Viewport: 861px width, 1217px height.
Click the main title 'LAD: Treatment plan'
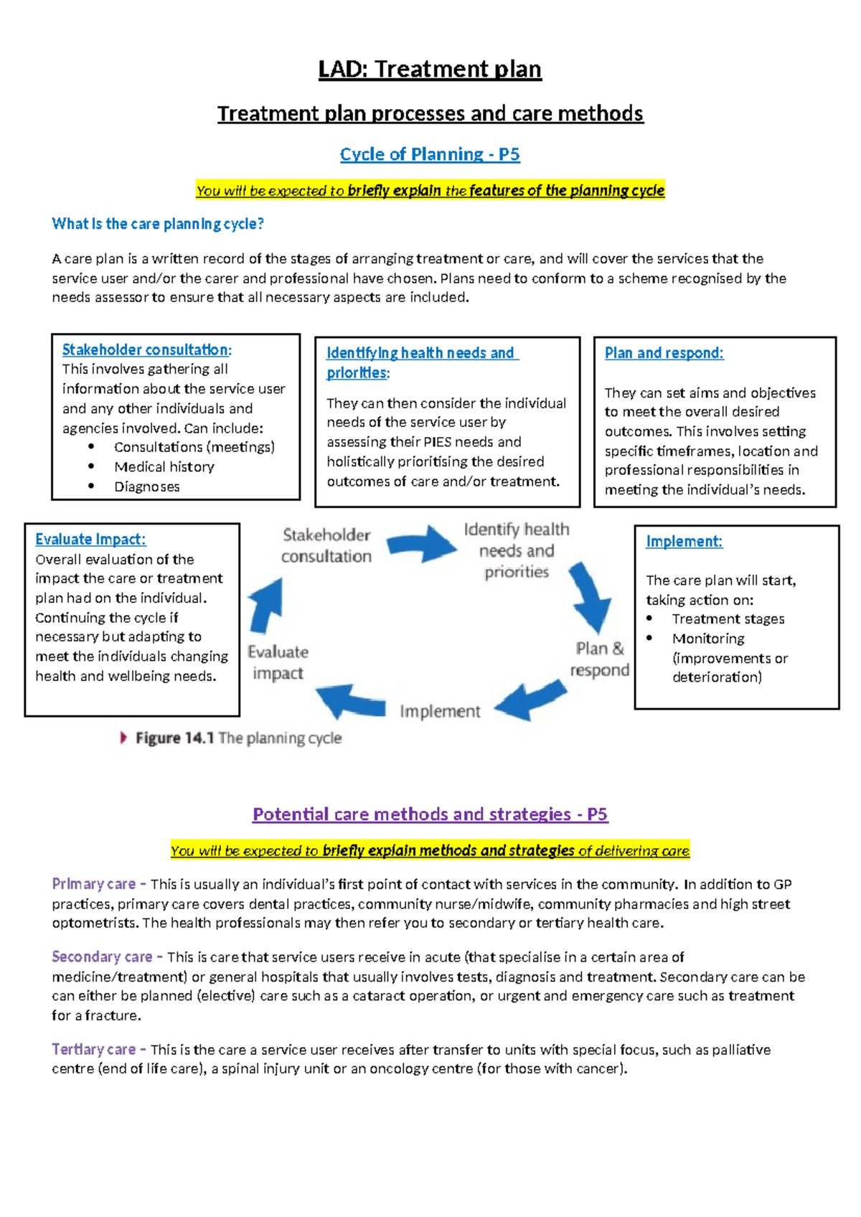coord(430,70)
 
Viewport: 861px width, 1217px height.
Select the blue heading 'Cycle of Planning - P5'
coord(430,154)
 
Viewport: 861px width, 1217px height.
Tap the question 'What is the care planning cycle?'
coord(158,224)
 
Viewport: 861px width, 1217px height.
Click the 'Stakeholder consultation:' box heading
coord(146,350)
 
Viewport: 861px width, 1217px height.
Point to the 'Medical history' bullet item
coord(164,467)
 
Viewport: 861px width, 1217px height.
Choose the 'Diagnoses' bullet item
coord(147,487)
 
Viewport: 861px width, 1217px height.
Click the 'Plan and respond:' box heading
coord(664,353)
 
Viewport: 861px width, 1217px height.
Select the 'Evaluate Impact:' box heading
coord(90,540)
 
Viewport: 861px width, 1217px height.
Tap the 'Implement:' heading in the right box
coord(684,542)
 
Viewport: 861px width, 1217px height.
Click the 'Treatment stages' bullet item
coord(728,619)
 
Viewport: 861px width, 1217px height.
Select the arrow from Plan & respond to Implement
coord(531,700)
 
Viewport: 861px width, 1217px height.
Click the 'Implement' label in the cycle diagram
coord(440,712)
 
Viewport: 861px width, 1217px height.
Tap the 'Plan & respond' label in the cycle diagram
coord(600,659)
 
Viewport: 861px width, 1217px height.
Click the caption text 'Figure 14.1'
coord(174,738)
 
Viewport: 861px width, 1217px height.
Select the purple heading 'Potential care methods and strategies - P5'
coord(430,814)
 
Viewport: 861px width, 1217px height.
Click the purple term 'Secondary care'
coord(102,957)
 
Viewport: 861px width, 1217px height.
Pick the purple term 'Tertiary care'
coord(93,1050)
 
